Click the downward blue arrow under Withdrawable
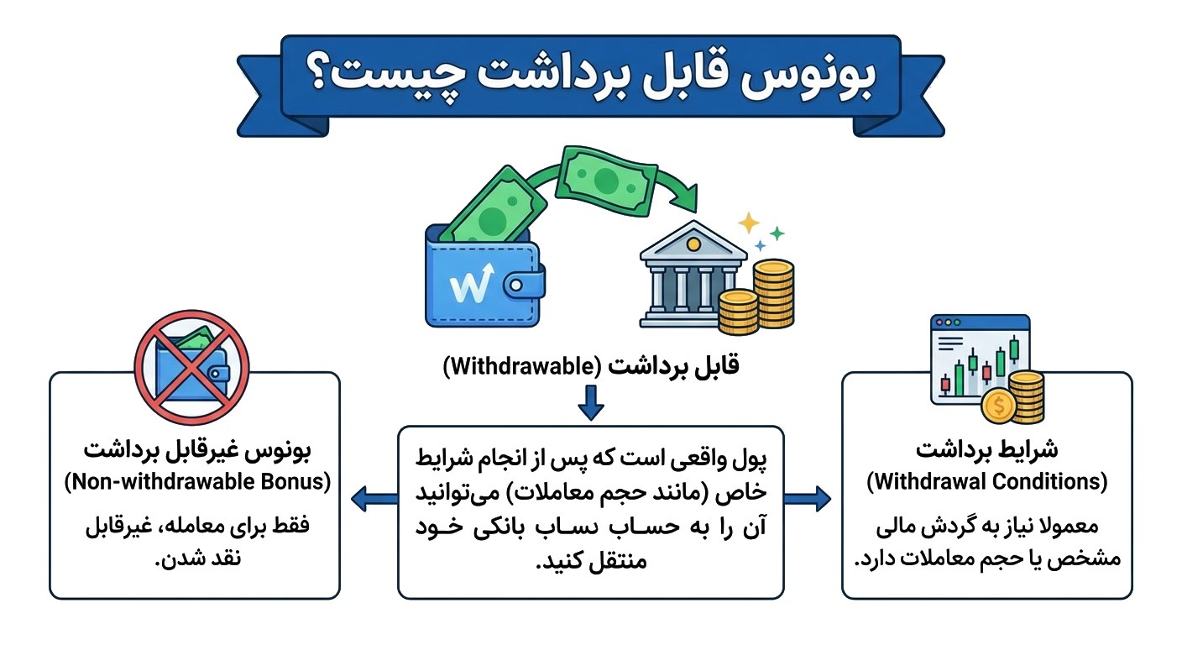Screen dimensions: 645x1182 click(x=590, y=406)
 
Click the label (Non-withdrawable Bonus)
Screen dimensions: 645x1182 click(x=196, y=483)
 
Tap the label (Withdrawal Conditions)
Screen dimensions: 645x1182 click(x=987, y=483)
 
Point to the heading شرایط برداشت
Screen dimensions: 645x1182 click(x=987, y=450)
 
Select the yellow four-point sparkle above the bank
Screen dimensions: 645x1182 click(x=747, y=223)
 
